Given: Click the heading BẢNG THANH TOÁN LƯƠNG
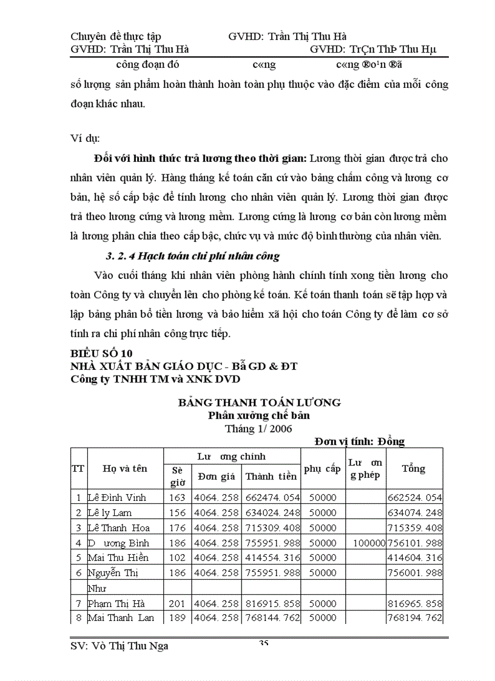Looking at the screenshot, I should (259, 402).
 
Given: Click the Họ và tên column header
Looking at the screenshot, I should (125, 468).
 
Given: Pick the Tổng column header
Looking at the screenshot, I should (414, 468).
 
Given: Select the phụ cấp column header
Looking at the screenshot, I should (322, 469).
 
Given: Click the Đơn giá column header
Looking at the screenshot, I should (216, 476).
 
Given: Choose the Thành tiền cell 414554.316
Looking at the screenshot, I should (272, 557).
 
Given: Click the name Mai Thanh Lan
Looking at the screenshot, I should (121, 618).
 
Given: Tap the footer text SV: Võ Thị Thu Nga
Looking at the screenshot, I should (120, 646).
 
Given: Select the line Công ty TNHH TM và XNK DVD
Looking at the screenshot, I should (155, 380).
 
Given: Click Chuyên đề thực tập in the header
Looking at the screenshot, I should (116, 37).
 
